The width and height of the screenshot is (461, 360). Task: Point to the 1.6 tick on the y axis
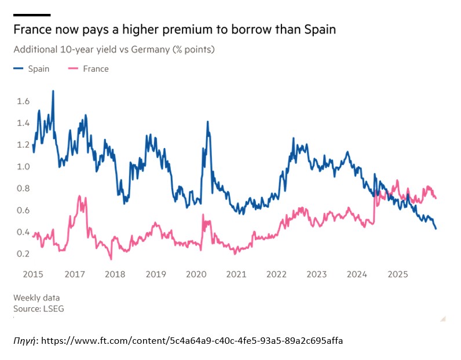(23, 101)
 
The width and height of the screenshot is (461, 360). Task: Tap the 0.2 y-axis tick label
(23, 254)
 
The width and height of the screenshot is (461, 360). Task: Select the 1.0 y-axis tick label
(23, 167)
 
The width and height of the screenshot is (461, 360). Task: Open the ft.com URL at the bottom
(192, 340)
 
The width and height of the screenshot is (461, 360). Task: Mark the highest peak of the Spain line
(53, 91)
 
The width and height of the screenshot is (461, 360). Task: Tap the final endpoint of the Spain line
(436, 229)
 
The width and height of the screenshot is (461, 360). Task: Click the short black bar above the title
(32, 14)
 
